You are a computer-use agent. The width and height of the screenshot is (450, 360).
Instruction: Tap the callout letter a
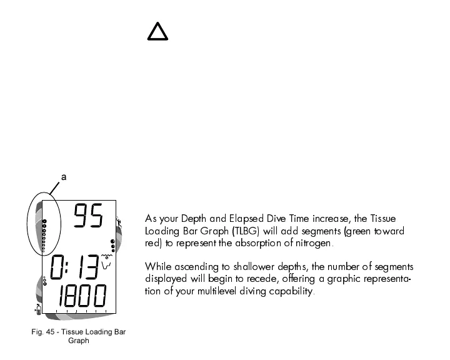(x=64, y=178)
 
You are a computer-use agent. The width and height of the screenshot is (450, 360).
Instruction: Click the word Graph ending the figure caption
(x=79, y=341)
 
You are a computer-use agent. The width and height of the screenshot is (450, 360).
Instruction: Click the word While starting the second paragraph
(x=157, y=267)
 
